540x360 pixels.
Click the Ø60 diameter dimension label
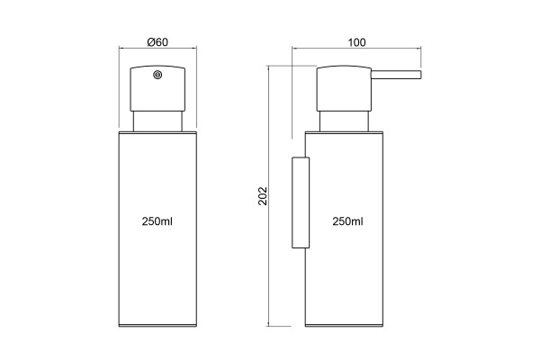click(x=157, y=42)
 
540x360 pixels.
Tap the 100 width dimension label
click(x=356, y=42)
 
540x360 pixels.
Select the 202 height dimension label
click(x=263, y=196)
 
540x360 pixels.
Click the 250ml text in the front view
click(x=157, y=221)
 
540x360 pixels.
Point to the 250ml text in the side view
click(x=347, y=221)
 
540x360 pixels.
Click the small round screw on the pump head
click(x=157, y=75)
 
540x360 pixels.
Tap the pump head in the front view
click(x=157, y=88)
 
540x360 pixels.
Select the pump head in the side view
click(x=344, y=88)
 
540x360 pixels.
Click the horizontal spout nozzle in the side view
click(x=396, y=75)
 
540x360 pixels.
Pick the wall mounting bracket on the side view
click(x=301, y=202)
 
